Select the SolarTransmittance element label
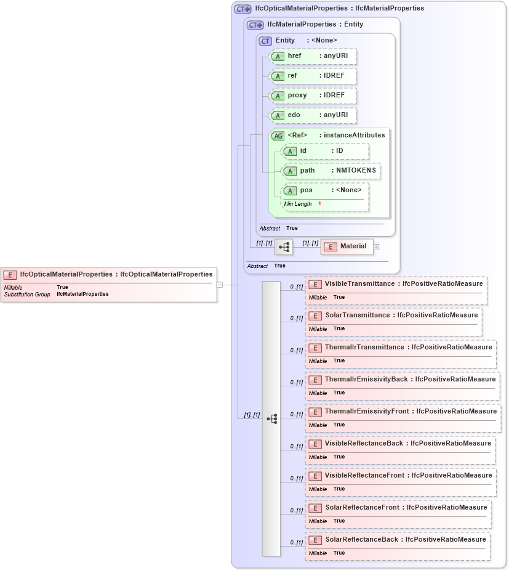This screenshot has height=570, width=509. pyautogui.click(x=393, y=316)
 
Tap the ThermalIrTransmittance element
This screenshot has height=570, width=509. pyautogui.click(x=401, y=348)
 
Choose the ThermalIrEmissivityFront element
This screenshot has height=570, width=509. pyautogui.click(x=403, y=412)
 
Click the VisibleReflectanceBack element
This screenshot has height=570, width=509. pyautogui.click(x=400, y=444)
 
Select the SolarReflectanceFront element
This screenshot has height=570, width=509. pyautogui.click(x=398, y=508)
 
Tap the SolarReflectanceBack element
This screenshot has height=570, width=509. pyautogui.click(x=398, y=540)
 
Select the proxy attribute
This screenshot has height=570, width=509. pyautogui.click(x=313, y=96)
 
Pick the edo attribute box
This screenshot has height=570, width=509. pyautogui.click(x=313, y=115)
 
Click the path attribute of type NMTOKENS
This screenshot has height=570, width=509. pyautogui.click(x=331, y=171)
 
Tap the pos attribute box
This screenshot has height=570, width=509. pyautogui.click(x=325, y=190)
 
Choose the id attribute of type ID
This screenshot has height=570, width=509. pyautogui.click(x=325, y=151)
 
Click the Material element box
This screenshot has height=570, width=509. pyautogui.click(x=347, y=246)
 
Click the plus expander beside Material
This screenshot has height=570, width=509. pyautogui.click(x=377, y=247)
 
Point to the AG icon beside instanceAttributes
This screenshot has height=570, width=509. pyautogui.click(x=278, y=136)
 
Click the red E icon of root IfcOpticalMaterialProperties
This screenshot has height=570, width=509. pyautogui.click(x=10, y=275)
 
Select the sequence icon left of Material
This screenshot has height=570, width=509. pyautogui.click(x=284, y=246)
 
